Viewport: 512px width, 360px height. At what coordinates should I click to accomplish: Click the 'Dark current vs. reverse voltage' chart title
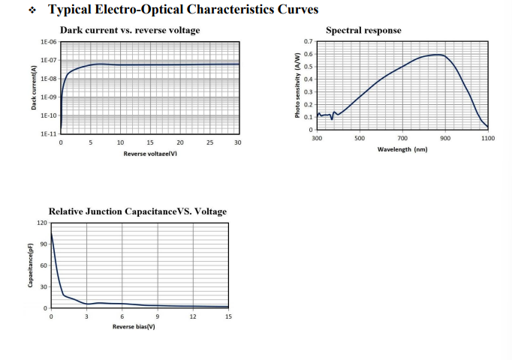[130, 30]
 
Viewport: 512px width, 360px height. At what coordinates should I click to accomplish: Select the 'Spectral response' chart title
[363, 30]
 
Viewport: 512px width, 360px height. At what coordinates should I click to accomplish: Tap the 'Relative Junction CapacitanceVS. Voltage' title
[137, 211]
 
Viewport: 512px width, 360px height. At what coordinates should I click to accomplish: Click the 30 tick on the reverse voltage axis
[238, 142]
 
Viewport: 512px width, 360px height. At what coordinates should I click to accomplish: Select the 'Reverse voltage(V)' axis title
[150, 154]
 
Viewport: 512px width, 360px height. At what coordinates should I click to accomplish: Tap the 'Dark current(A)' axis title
[35, 88]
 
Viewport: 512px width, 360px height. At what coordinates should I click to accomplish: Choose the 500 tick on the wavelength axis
[360, 139]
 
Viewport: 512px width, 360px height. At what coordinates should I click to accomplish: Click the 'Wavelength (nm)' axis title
[402, 150]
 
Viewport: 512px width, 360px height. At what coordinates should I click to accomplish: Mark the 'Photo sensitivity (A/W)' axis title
[297, 85]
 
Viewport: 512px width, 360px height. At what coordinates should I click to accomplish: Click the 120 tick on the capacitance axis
[42, 223]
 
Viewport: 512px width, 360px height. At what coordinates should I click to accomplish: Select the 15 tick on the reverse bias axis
[228, 316]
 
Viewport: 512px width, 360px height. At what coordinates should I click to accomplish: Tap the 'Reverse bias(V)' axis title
[134, 328]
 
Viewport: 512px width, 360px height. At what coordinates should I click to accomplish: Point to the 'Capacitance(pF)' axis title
[31, 265]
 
